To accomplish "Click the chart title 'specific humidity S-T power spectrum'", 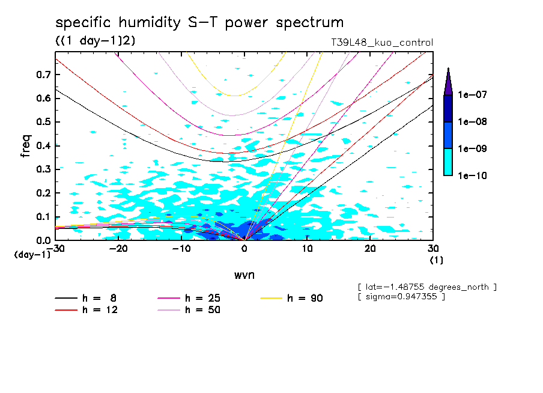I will click(199, 23).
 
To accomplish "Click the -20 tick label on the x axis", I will click(118, 248).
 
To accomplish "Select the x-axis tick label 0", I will click(244, 248).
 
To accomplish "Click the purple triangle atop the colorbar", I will click(448, 81).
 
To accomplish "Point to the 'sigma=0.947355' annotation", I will click(401, 297).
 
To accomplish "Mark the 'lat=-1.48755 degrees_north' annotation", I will click(426, 287).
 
